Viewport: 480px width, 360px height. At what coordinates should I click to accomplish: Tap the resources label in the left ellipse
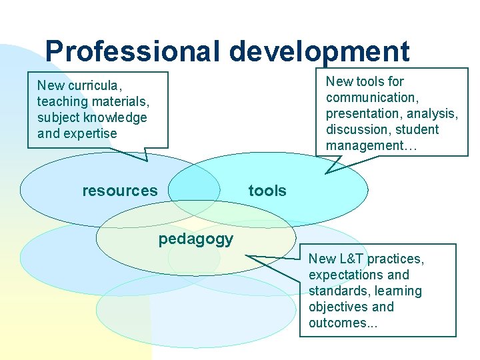120,191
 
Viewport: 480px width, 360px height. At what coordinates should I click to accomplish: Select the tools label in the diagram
267,191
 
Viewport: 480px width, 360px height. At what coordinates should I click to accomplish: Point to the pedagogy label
195,239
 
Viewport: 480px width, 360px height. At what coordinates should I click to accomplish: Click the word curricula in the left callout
94,85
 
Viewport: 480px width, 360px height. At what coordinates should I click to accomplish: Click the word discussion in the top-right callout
355,129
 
